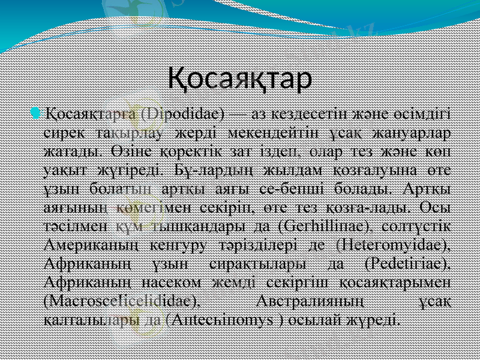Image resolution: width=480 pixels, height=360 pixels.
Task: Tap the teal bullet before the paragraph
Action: pyautogui.click(x=37, y=114)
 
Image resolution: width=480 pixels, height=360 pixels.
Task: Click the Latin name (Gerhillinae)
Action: pyautogui.click(x=323, y=226)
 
